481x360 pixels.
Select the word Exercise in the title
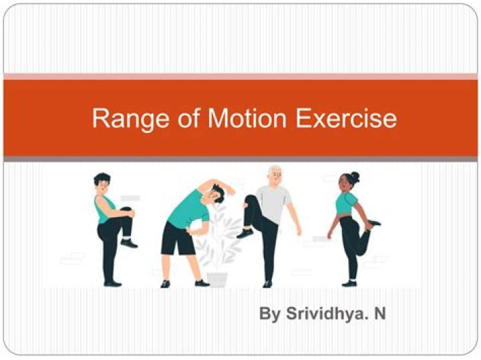345,118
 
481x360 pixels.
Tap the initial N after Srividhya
379,313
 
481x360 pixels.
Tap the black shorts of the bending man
178,238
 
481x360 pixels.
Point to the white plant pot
217,278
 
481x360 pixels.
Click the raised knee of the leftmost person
127,213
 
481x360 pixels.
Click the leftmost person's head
102,182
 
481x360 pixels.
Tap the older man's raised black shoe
245,233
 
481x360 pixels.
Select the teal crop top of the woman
344,204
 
